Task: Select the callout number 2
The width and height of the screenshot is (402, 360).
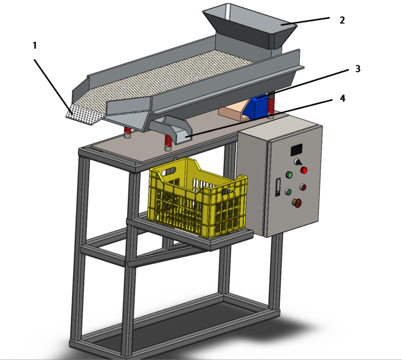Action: pos(342,20)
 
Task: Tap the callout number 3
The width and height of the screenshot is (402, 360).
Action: pos(358,69)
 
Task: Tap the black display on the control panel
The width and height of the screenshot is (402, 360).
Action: pos(297,150)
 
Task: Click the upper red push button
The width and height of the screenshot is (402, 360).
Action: pos(304,169)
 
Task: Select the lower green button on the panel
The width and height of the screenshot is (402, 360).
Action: pos(288,191)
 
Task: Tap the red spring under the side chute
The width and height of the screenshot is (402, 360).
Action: pos(168,143)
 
